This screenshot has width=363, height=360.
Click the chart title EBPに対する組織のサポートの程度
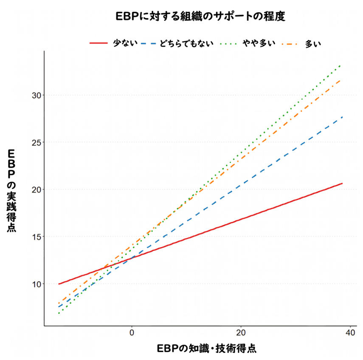[200, 17]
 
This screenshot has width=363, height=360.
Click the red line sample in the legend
[98, 43]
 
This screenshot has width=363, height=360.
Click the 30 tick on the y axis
[37, 95]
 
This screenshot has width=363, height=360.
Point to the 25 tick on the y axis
[37, 142]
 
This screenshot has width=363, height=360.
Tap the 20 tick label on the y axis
[37, 190]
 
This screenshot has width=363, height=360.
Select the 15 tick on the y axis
[37, 237]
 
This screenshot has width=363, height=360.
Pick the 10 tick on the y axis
[37, 284]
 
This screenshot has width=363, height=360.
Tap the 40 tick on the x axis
[350, 332]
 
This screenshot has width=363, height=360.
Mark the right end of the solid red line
[342, 183]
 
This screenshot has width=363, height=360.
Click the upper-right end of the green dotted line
[341, 65]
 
